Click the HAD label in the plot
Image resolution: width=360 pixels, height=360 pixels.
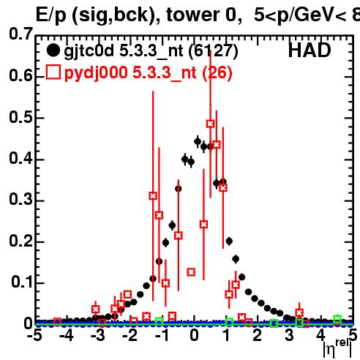pos(310,50)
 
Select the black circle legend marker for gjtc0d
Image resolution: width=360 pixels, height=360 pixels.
pos(53,50)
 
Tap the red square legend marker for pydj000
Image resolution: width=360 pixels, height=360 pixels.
pos(53,72)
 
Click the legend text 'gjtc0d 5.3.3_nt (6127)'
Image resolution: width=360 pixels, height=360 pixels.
pos(151,51)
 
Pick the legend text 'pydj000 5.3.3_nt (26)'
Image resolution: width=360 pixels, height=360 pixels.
pos(149,73)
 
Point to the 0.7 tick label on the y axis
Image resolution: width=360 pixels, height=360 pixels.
pos(21,34)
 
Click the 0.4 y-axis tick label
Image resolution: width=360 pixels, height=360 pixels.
pos(21,158)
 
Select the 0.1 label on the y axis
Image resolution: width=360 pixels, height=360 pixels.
pos(22,282)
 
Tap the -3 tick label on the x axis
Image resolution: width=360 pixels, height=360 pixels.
pos(98,335)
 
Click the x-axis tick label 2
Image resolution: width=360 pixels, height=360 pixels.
pos(258,335)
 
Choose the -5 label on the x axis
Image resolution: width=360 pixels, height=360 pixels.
pos(34,335)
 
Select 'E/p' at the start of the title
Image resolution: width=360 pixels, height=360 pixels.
pos(51,16)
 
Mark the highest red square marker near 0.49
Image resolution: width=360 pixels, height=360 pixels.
pos(211,124)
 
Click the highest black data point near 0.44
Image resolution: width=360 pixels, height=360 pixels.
pos(198,141)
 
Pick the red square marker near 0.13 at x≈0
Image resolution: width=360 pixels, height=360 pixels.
pos(191,272)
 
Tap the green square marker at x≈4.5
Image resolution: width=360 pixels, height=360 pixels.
pos(337,318)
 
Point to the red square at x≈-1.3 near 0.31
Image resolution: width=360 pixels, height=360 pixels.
pos(153,195)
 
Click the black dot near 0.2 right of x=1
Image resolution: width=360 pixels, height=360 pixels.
pos(229,241)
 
